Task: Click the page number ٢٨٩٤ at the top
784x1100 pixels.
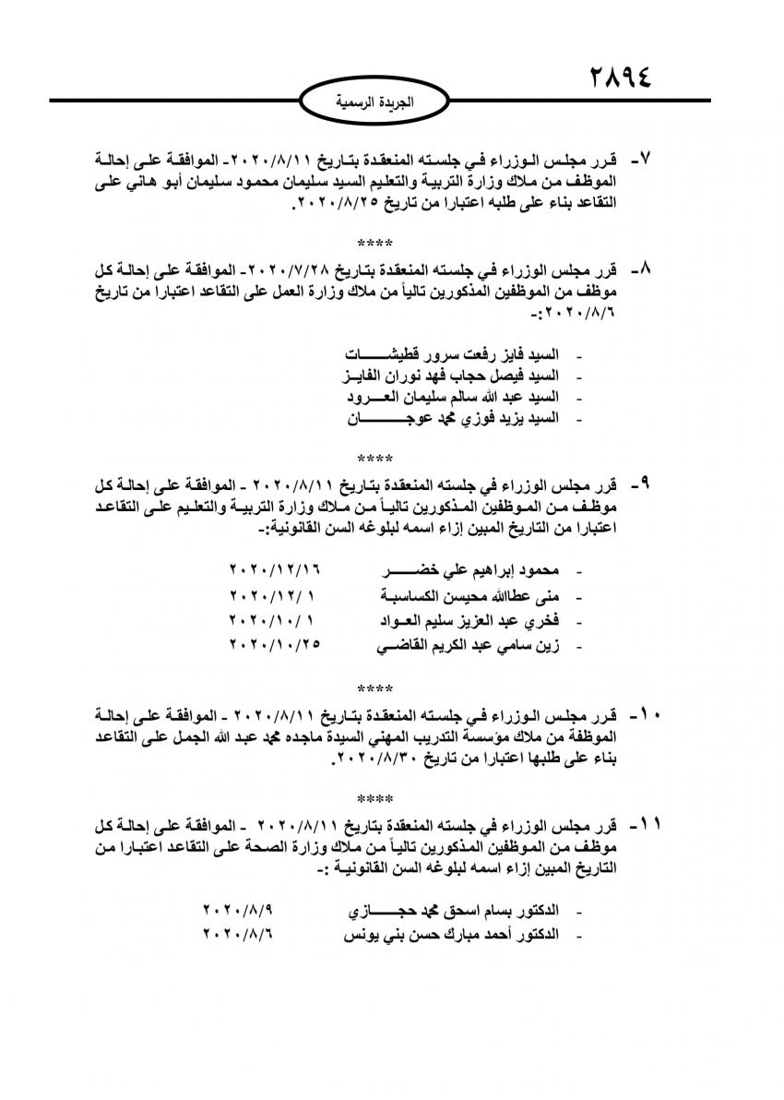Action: click(620, 76)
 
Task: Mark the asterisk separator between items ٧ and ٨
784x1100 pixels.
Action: click(374, 244)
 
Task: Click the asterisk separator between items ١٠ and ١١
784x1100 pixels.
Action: click(374, 796)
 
